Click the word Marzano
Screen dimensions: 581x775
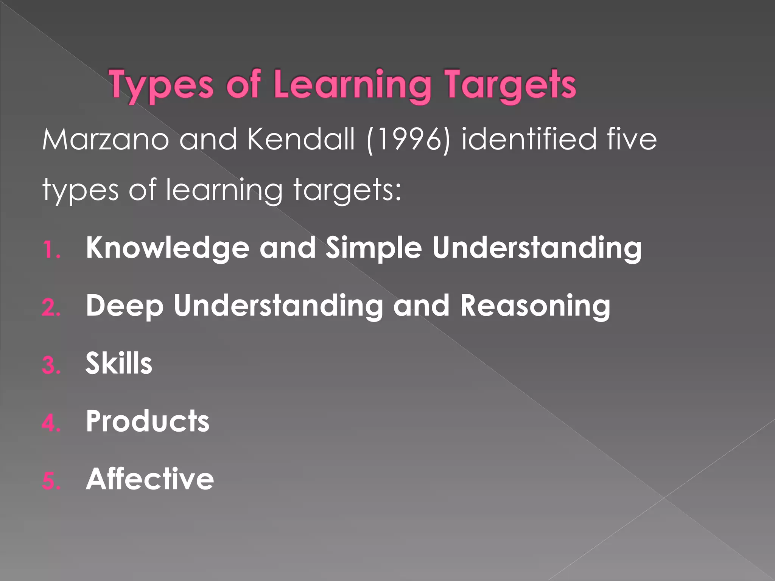[x=105, y=140]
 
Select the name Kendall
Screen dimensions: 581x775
[x=301, y=140]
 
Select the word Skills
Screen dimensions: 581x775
[x=119, y=364]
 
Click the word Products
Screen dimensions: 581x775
[x=147, y=421]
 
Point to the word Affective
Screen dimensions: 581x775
[x=150, y=479]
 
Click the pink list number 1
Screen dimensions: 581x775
[x=51, y=250]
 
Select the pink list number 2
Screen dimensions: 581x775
[x=51, y=308]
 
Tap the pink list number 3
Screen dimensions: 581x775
[x=51, y=366]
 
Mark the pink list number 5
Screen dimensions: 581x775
[x=51, y=481]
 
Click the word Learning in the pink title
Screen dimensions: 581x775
[x=352, y=85]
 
